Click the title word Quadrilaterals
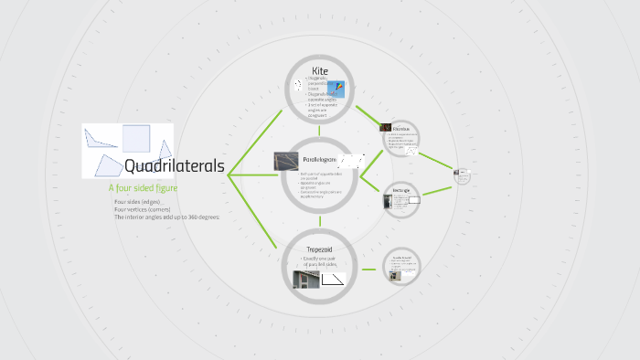pyautogui.click(x=174, y=166)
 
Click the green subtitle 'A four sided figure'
pyautogui.click(x=143, y=187)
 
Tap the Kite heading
pyautogui.click(x=319, y=70)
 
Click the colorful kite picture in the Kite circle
pyautogui.click(x=340, y=90)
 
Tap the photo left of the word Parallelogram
pyautogui.click(x=287, y=161)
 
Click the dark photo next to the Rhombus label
pyautogui.click(x=386, y=128)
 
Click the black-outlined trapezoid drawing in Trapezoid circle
pyautogui.click(x=333, y=278)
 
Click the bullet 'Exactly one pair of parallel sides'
pyautogui.click(x=321, y=262)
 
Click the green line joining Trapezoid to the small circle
pyautogui.click(x=368, y=270)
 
